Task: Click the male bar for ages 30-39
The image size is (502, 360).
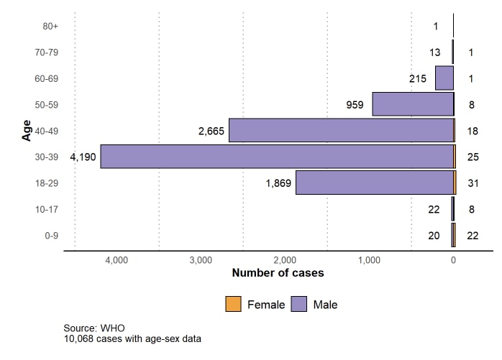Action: click(x=277, y=157)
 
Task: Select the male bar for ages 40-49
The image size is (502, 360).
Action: click(x=342, y=131)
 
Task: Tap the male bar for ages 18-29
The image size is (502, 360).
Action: click(x=375, y=183)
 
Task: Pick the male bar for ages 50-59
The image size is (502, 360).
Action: click(x=413, y=104)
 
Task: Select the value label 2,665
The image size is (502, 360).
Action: click(x=212, y=131)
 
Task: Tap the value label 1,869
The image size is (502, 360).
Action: click(x=278, y=183)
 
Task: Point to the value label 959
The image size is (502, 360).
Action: click(x=355, y=104)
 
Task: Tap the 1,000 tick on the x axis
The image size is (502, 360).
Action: click(x=370, y=259)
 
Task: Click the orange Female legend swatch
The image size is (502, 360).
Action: click(x=233, y=304)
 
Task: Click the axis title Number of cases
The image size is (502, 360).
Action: click(x=278, y=273)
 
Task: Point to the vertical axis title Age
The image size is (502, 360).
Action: click(x=27, y=131)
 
